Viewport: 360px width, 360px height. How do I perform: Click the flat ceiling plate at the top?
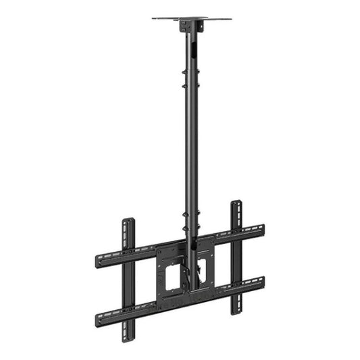[191, 19]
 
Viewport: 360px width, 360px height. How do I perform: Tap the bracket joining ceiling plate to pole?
[191, 27]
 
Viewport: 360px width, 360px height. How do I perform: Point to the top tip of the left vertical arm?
[128, 220]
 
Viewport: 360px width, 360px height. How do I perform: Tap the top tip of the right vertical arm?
[236, 203]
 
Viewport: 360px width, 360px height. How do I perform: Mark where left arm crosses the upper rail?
[128, 254]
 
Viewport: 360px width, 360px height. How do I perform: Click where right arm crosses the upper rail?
[236, 234]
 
